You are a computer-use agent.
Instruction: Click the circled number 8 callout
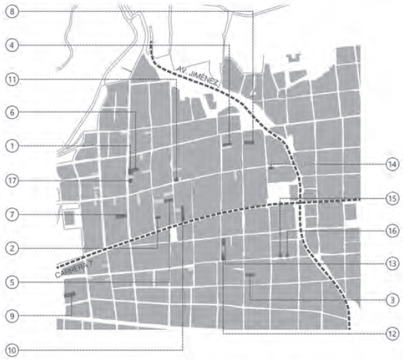coord(13,11)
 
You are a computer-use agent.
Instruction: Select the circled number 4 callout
coord(13,45)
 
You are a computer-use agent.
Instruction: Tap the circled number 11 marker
coord(13,79)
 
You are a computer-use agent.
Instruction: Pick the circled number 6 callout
coord(13,113)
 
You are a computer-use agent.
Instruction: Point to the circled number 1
coord(13,145)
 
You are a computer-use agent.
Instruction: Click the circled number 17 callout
coord(13,180)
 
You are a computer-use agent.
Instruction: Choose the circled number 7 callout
coord(13,214)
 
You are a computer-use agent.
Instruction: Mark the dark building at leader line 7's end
coord(121,215)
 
